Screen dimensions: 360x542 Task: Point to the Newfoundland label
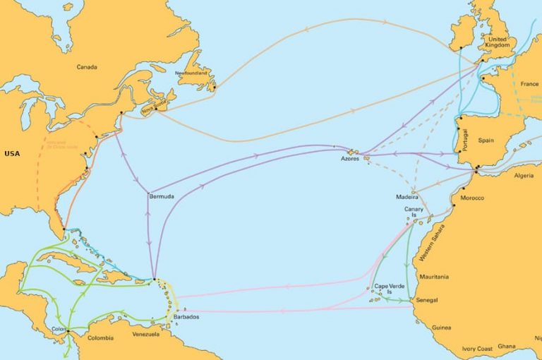191,73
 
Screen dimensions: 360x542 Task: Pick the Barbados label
186,317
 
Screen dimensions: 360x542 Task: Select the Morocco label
472,198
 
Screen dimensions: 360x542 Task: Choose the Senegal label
428,301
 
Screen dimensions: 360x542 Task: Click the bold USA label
12,153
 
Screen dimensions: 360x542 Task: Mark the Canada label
88,68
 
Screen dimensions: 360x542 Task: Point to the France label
529,84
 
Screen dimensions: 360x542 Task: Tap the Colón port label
59,328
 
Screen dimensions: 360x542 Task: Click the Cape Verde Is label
389,289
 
